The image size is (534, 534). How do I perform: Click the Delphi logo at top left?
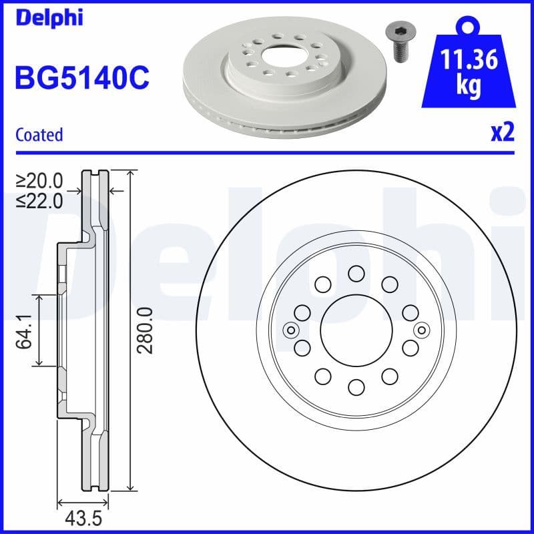click(x=48, y=18)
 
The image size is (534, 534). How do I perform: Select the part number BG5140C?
click(x=82, y=79)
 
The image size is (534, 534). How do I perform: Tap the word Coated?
click(x=39, y=134)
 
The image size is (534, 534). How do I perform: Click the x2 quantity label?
click(x=503, y=133)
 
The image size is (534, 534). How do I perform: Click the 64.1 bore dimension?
click(x=25, y=330)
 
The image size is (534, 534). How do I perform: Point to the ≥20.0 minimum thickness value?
click(x=39, y=180)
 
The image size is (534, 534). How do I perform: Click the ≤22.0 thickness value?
click(x=39, y=200)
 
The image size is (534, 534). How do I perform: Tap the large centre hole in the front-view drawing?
click(x=355, y=330)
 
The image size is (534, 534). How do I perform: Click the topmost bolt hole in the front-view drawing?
click(x=355, y=273)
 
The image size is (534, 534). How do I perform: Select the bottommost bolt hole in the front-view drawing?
click(x=355, y=387)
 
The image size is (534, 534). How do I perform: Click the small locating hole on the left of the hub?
click(x=290, y=330)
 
